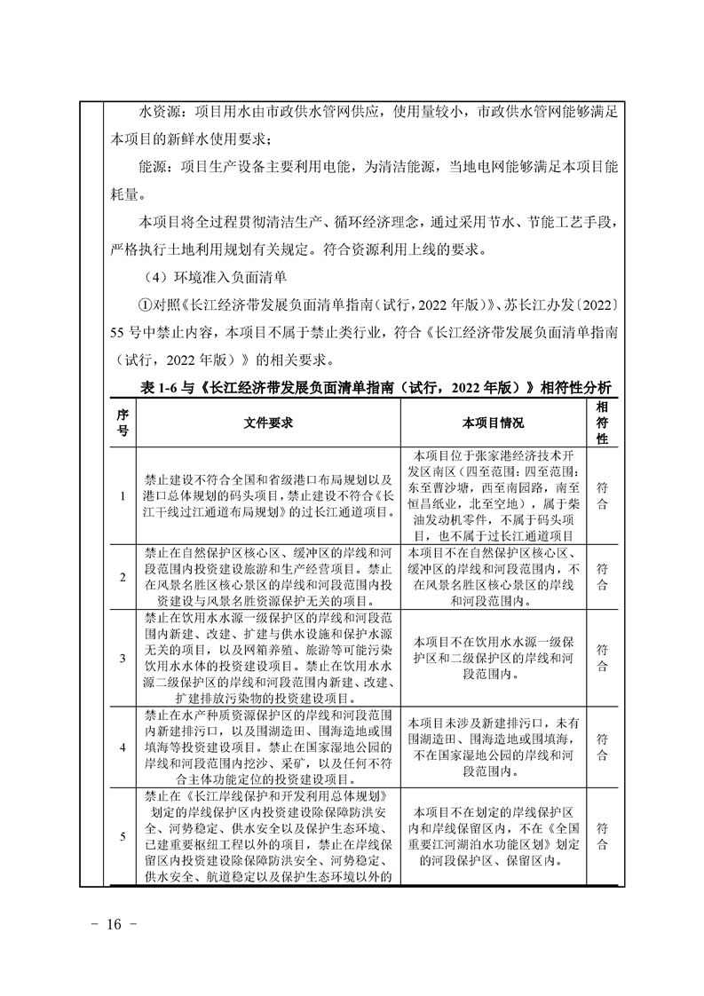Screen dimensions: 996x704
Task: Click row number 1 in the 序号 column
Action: (x=123, y=495)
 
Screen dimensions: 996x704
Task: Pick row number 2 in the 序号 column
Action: (x=123, y=575)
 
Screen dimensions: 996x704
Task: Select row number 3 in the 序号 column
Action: (x=123, y=657)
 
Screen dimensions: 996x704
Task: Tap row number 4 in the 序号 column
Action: (x=123, y=747)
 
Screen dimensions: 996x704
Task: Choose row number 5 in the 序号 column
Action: (x=123, y=835)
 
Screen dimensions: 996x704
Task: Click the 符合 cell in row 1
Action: (x=602, y=495)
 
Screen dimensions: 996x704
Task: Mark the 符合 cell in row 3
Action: (x=602, y=657)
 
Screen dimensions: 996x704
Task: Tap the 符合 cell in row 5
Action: (x=602, y=835)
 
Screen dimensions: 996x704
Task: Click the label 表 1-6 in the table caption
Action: (x=161, y=388)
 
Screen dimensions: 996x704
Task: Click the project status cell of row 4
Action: (x=494, y=747)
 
